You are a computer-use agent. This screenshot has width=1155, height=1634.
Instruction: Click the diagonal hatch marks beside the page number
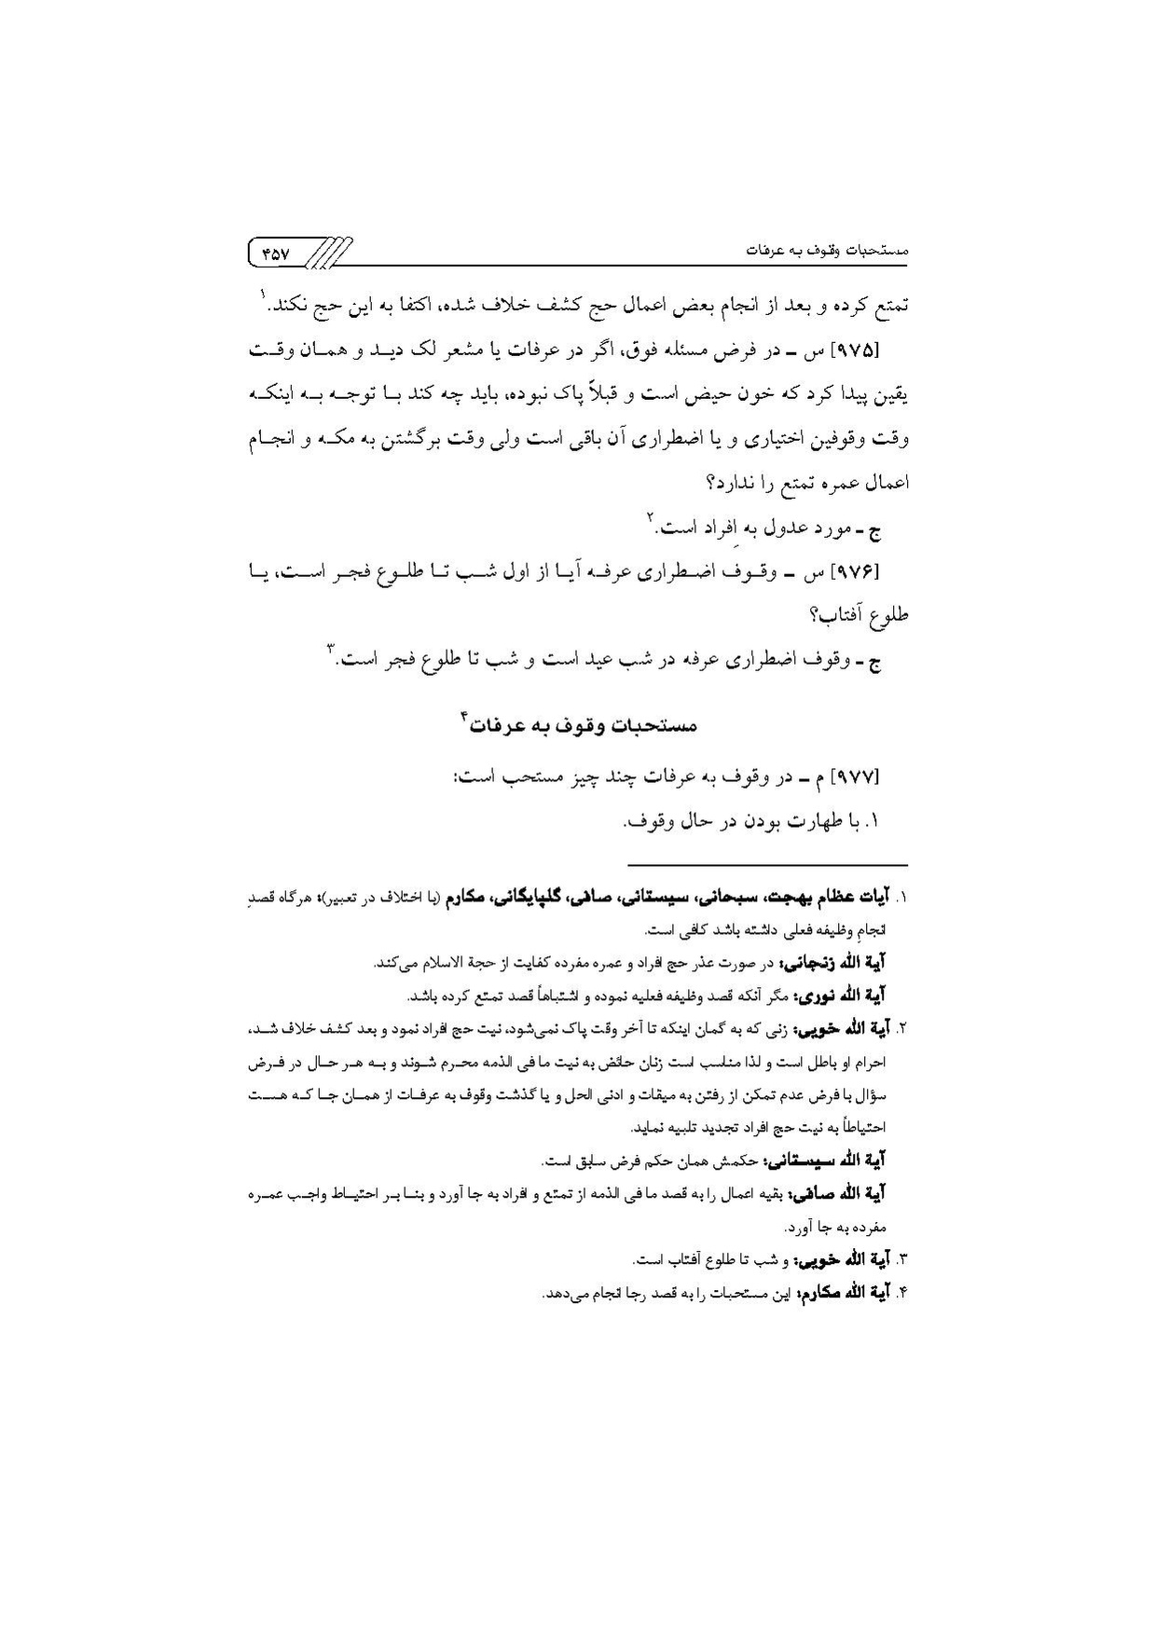[x=329, y=252]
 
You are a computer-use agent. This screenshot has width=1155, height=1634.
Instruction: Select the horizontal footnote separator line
[x=766, y=864]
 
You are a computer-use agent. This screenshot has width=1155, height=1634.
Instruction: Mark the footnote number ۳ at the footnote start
[x=902, y=1261]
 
